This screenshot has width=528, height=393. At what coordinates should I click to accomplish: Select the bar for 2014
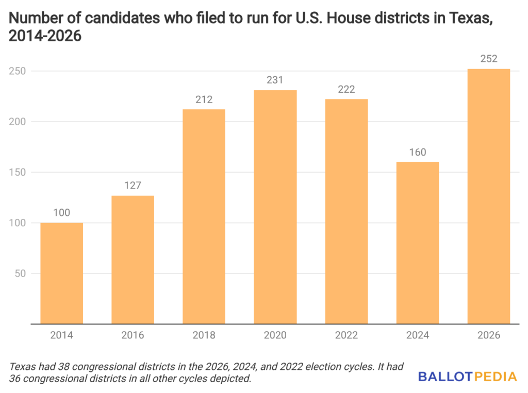click(61, 273)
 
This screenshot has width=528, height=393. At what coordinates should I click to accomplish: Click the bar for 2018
click(204, 216)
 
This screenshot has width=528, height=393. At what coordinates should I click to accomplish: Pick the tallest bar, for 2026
click(488, 196)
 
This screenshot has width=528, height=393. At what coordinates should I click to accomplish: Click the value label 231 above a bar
click(275, 80)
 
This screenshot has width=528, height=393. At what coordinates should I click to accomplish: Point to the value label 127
click(133, 185)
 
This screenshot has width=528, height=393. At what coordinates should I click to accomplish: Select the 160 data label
click(417, 152)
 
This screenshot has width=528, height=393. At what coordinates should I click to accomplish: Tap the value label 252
click(488, 59)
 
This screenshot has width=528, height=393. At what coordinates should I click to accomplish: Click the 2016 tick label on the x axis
click(133, 335)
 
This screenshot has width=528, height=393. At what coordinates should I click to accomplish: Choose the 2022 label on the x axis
click(346, 335)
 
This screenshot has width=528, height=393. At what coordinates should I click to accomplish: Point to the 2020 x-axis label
click(275, 335)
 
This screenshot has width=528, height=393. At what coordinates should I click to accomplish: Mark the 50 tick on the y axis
click(21, 274)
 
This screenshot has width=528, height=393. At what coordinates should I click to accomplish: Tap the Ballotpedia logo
click(467, 377)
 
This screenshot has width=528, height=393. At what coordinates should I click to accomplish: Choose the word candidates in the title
click(112, 19)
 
